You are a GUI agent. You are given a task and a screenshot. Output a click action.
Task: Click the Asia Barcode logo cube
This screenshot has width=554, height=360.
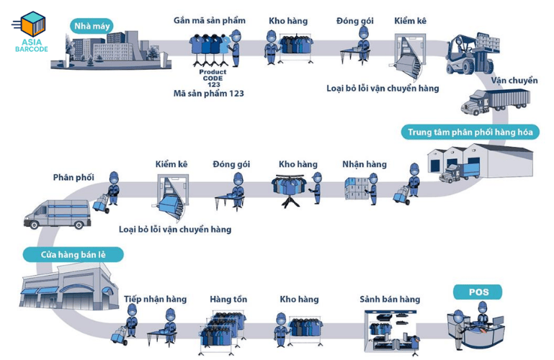[x=33, y=24]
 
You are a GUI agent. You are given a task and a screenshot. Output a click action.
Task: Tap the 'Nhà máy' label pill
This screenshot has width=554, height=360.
[x=91, y=26]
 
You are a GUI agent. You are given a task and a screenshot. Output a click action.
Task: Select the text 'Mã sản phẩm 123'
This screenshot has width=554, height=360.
[x=208, y=94]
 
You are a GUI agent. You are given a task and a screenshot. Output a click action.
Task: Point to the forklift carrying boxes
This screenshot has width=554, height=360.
[x=472, y=54]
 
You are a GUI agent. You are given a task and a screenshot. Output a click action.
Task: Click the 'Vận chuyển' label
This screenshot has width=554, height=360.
[x=514, y=81]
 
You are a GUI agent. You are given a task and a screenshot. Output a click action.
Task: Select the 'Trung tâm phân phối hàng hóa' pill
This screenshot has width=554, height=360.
[x=470, y=132]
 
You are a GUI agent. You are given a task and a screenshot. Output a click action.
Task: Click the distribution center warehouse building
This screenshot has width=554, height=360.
[x=479, y=161]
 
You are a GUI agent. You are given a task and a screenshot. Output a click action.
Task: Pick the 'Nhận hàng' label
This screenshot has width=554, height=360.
[x=364, y=164]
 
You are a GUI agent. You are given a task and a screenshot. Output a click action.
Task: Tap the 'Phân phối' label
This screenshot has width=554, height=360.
[x=73, y=177]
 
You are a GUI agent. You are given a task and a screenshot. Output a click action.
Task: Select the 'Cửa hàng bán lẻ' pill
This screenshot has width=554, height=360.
[x=73, y=254]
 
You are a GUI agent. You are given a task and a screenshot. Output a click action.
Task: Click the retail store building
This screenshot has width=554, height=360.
[x=69, y=289]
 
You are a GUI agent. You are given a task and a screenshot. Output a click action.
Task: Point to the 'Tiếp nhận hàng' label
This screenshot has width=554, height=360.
[x=155, y=299]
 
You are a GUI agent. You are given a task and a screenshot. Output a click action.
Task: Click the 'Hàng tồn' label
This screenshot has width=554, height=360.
[x=228, y=299]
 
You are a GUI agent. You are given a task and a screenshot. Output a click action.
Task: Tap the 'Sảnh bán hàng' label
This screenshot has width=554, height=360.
[x=390, y=299]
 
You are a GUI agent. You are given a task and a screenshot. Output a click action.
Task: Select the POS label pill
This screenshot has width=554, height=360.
[x=478, y=292]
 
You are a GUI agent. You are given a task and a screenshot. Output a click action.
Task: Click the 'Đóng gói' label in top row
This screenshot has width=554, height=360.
[x=354, y=21]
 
